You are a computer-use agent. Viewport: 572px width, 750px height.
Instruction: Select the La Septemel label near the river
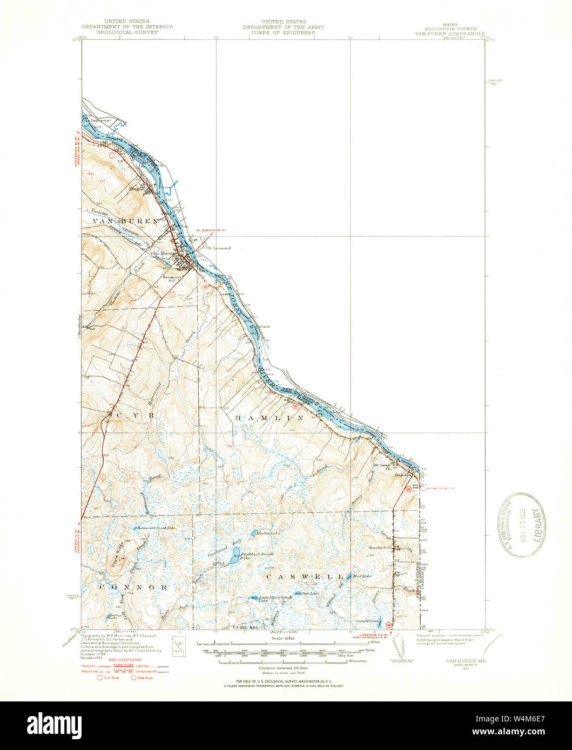100,120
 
